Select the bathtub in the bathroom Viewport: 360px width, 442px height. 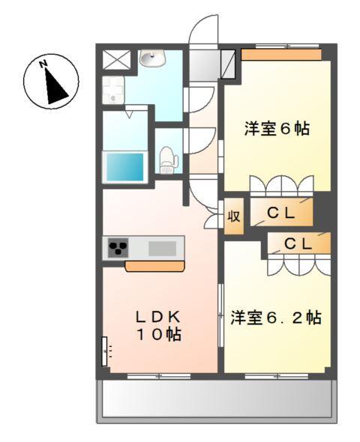124,165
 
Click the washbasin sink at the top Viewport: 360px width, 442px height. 151,58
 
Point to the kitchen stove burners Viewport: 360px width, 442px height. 119,248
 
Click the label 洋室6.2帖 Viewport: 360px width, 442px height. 276,318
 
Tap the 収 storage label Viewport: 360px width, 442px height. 233,217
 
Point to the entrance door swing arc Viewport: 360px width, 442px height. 201,34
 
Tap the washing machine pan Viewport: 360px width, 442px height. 114,91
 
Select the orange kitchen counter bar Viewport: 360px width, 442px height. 155,266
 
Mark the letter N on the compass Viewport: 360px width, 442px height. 43,64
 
